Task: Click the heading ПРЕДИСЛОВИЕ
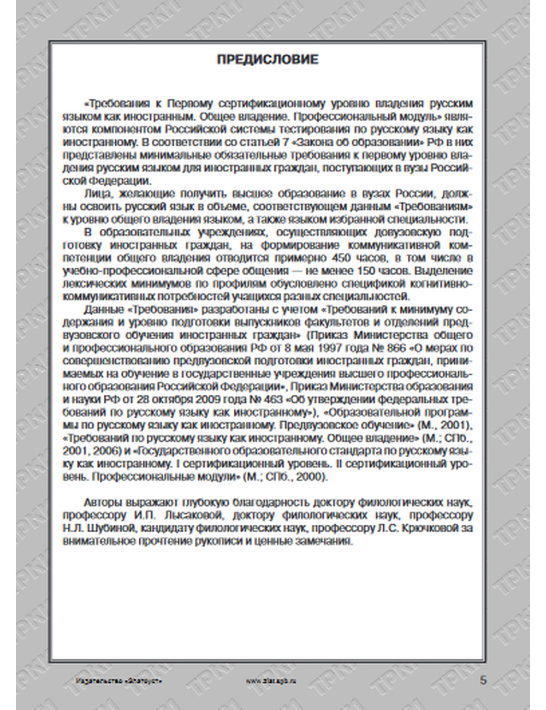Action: tap(268, 60)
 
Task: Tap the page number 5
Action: tap(483, 680)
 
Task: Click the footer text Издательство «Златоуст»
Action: tap(119, 681)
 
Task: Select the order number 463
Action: tap(270, 399)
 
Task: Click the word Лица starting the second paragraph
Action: tap(96, 194)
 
